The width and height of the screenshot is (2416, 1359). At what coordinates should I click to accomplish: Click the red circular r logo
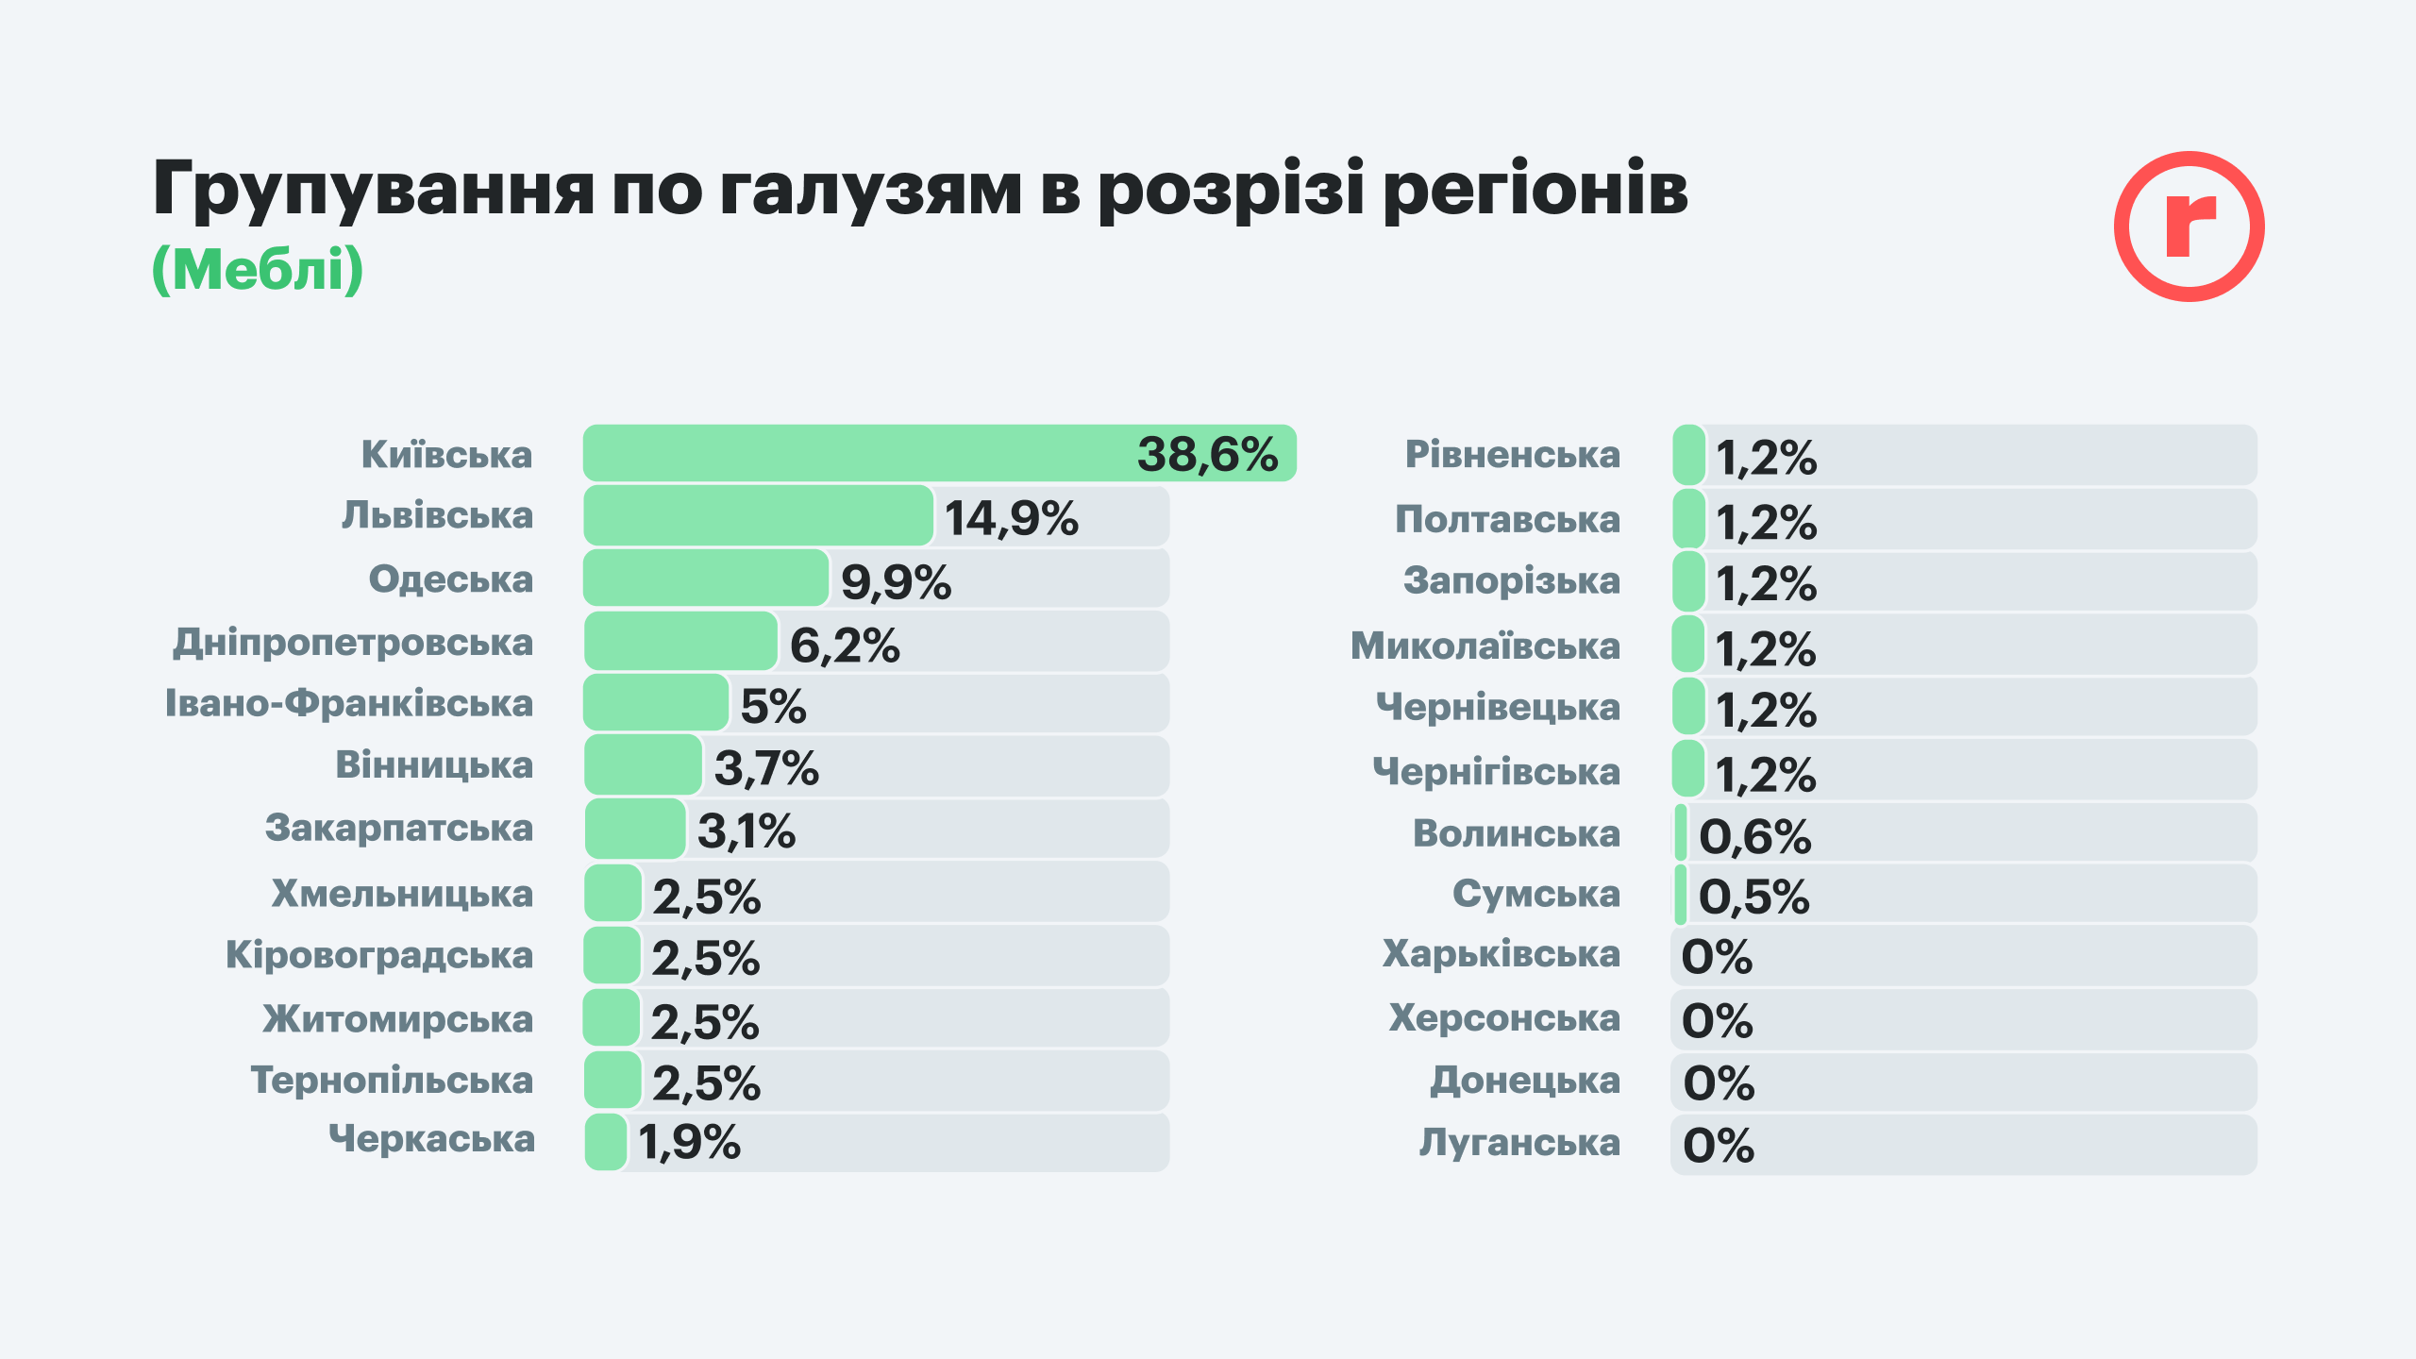tap(2189, 226)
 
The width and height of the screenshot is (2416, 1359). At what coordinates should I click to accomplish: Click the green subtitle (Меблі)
tap(258, 270)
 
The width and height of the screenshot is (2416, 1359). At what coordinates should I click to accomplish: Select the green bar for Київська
tap(849, 453)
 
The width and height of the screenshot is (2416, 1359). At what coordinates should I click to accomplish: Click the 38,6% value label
tap(1207, 455)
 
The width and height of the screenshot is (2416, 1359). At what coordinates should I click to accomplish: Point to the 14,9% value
tap(1011, 518)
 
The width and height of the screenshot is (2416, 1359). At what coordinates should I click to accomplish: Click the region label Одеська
tap(450, 579)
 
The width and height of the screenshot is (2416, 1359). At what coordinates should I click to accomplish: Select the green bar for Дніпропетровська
tap(680, 641)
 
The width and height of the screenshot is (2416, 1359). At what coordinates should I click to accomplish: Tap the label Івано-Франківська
tap(349, 704)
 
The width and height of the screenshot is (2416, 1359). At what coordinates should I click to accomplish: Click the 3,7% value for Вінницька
tap(766, 768)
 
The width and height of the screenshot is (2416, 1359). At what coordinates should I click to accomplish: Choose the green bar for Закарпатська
tap(635, 829)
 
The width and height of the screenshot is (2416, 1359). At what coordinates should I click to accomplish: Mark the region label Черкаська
tap(431, 1139)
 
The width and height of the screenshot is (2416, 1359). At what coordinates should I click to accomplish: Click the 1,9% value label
tap(689, 1143)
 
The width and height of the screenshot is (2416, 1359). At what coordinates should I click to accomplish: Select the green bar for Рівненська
tap(1688, 455)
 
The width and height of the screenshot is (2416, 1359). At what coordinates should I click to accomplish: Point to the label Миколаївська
tap(1485, 646)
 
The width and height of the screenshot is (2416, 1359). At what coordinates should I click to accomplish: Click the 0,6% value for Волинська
tap(1754, 837)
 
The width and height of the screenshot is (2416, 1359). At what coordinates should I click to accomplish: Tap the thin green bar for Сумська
tap(1681, 895)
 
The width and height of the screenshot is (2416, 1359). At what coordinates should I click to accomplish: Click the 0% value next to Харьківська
tap(1717, 957)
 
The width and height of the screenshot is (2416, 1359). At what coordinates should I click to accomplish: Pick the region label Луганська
tap(1519, 1143)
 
